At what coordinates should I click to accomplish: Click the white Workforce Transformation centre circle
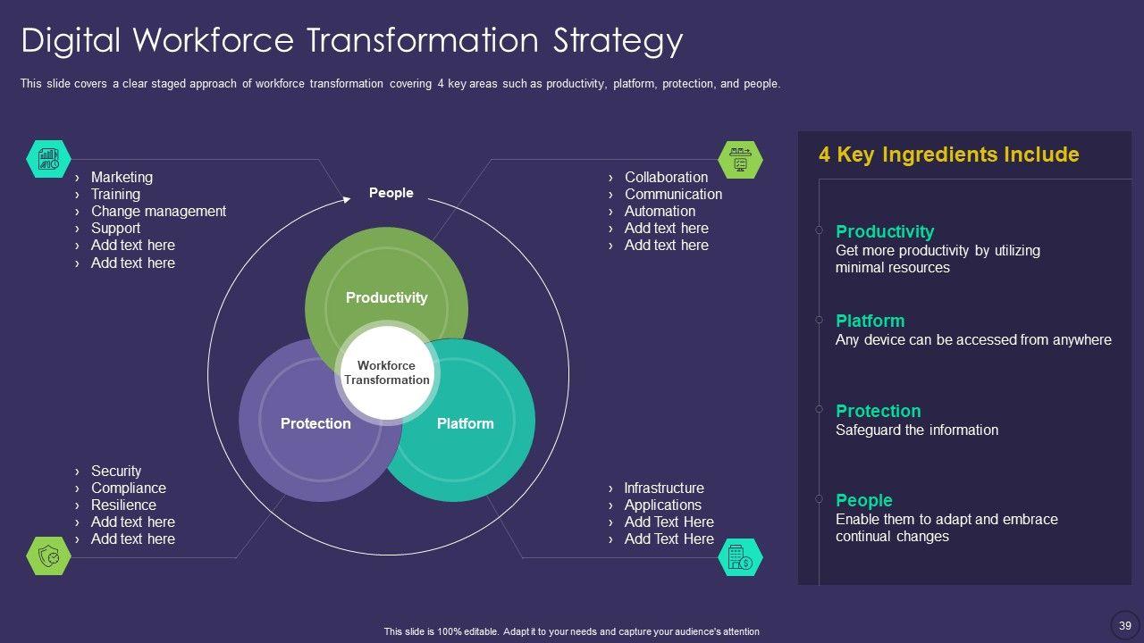click(x=386, y=372)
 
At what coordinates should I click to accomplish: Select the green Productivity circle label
click(x=386, y=297)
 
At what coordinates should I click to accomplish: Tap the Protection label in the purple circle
click(x=315, y=423)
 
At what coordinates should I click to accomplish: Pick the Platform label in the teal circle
click(x=465, y=423)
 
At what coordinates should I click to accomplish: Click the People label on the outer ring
click(x=391, y=193)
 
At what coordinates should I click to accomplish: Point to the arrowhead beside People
click(x=346, y=199)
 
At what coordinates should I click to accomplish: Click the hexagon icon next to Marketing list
click(x=48, y=159)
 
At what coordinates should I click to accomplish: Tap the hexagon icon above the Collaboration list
click(x=740, y=159)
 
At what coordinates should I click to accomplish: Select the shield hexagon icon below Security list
click(x=48, y=556)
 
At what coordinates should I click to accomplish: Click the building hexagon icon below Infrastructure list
click(x=740, y=557)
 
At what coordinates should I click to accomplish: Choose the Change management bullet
click(x=158, y=211)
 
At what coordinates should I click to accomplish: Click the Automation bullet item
click(x=660, y=211)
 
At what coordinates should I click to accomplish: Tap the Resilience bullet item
click(x=123, y=505)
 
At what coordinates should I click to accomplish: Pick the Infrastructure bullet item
click(x=663, y=488)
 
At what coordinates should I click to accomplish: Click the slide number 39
click(x=1124, y=624)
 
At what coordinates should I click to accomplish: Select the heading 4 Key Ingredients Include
click(x=948, y=154)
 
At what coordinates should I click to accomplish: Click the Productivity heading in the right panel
click(x=884, y=231)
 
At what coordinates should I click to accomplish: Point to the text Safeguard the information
click(x=916, y=430)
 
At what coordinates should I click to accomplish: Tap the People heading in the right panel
click(x=863, y=500)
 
